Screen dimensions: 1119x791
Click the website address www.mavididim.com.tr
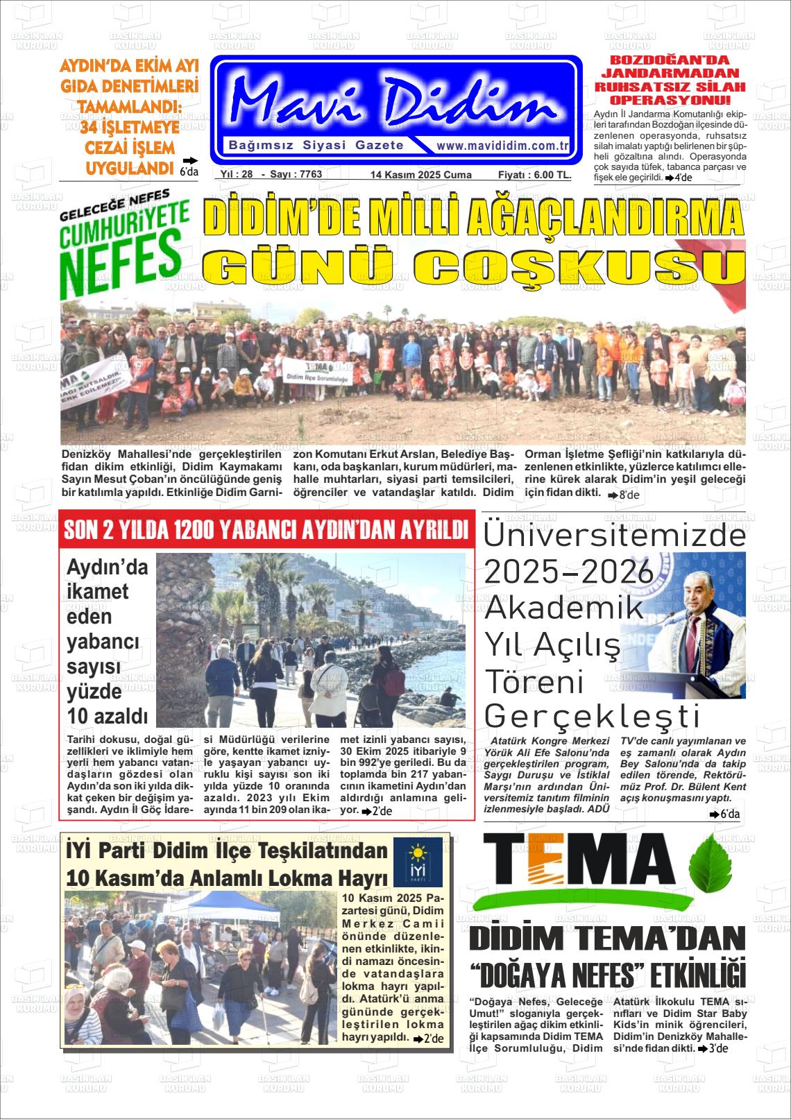pyautogui.click(x=502, y=146)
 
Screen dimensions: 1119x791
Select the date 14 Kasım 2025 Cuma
pyautogui.click(x=420, y=175)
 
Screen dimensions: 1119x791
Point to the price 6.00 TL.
pyautogui.click(x=552, y=175)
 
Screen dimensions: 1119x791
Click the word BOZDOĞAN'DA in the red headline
pyautogui.click(x=669, y=60)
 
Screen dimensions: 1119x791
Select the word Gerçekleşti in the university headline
pyautogui.click(x=591, y=716)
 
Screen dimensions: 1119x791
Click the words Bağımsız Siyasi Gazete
pyautogui.click(x=316, y=145)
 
